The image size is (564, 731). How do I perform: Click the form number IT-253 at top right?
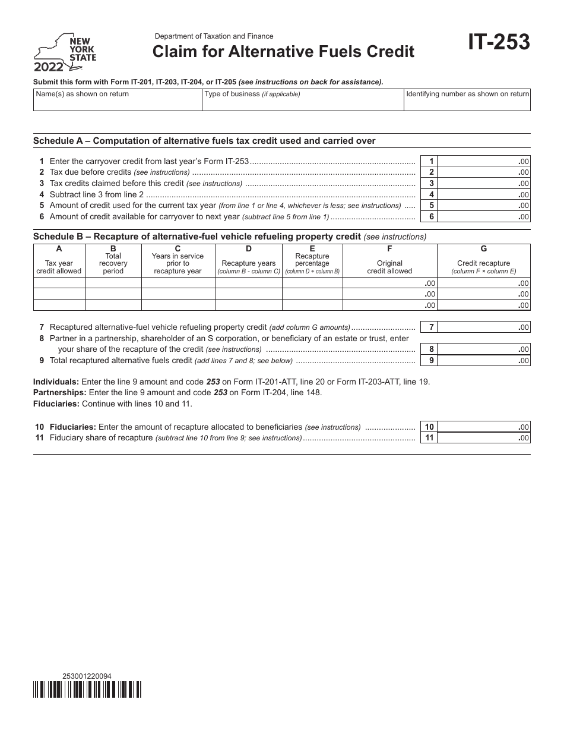498,43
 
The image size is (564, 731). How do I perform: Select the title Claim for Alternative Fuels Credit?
283,52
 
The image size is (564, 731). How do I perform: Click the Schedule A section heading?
204,141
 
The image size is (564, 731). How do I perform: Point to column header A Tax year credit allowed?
59,260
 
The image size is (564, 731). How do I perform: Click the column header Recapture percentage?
312,260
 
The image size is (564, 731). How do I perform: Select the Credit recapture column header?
483,263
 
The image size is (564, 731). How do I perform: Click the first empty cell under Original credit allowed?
390,283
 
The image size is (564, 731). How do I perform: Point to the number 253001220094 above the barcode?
87,676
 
